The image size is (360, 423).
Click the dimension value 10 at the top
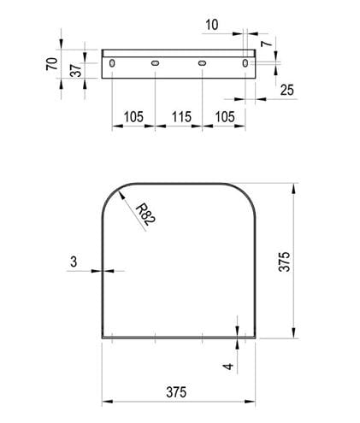coord(212,25)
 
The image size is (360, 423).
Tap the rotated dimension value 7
coord(267,44)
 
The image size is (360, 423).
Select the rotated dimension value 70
coord(52,63)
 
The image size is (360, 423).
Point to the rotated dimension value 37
coord(76,70)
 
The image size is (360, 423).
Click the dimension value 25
coord(287,90)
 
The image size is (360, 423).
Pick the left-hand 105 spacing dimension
coord(133,117)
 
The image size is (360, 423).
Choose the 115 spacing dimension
coord(181,117)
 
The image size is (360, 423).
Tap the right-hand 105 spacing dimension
coord(225,117)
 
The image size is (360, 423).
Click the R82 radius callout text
coord(145,214)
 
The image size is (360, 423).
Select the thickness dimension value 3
coord(74,261)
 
